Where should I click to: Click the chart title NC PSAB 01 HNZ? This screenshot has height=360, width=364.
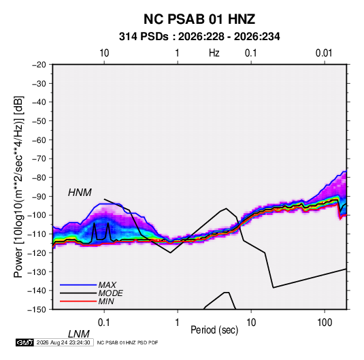click(199, 19)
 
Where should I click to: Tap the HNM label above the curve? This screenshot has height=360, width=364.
click(80, 193)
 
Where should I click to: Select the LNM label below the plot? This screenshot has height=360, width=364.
click(78, 334)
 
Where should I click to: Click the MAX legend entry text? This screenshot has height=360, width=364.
click(107, 285)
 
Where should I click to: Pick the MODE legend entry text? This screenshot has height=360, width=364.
click(110, 293)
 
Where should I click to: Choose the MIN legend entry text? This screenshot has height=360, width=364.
click(106, 301)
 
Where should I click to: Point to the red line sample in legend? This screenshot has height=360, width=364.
click(78, 301)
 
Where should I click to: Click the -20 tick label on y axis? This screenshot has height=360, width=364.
click(39, 65)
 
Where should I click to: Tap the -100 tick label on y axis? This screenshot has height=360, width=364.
click(37, 215)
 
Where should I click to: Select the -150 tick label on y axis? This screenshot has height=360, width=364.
click(37, 310)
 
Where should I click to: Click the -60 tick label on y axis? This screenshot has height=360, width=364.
click(39, 140)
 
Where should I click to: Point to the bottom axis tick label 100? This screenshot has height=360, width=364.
click(325, 323)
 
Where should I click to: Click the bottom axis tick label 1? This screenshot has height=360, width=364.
click(178, 323)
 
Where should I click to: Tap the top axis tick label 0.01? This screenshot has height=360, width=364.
click(324, 53)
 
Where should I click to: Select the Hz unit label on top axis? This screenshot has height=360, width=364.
click(214, 53)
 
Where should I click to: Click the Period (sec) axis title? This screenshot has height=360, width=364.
click(214, 330)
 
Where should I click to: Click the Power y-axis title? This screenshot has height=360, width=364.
click(18, 186)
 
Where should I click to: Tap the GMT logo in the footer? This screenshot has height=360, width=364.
click(25, 342)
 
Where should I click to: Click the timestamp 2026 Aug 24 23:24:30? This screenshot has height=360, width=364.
click(63, 342)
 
